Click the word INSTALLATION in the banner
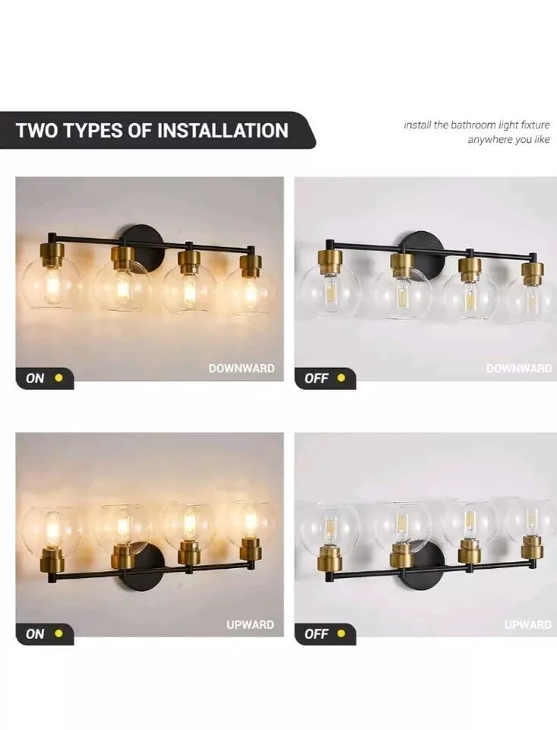coord(223,130)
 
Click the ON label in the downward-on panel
coord(35,378)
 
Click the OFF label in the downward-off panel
coord(316,378)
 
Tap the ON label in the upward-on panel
coord(35,633)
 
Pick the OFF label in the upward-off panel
coord(316,633)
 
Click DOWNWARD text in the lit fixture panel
coord(242,368)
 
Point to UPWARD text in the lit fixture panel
coord(250,624)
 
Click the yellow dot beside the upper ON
coord(59,378)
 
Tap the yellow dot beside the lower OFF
coord(341,633)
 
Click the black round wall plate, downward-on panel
coord(142,242)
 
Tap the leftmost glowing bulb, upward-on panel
coord(52,528)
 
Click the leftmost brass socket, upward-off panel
coord(330,560)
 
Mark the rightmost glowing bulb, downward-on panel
coord(250,292)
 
